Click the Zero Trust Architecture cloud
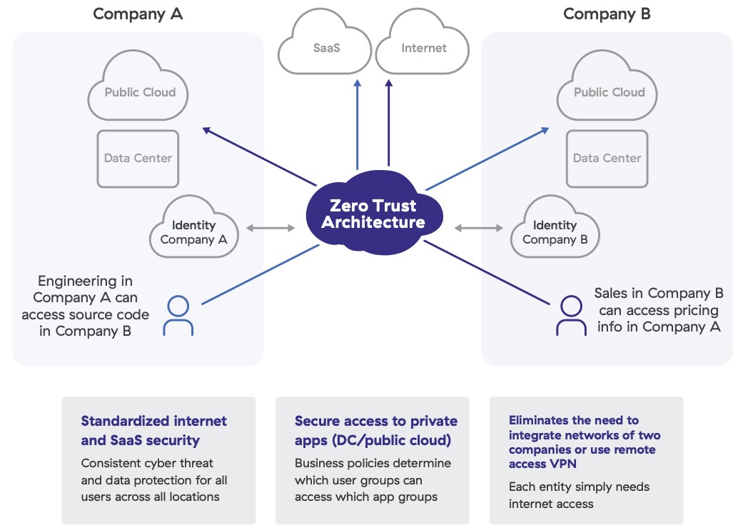[x=373, y=215]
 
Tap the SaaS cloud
[x=325, y=49]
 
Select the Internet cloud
[x=423, y=49]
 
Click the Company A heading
[x=138, y=14]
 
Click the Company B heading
[x=607, y=14]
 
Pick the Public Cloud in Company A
[x=140, y=92]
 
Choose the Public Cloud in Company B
[x=609, y=92]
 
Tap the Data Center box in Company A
[x=138, y=159]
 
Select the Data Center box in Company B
[x=607, y=159]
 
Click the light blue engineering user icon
[x=178, y=317]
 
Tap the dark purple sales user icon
[x=571, y=317]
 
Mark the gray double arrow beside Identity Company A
[x=271, y=229]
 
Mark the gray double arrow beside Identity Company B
[x=478, y=229]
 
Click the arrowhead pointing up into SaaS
[x=358, y=84]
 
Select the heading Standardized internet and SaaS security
[x=153, y=431]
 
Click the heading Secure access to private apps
[x=375, y=431]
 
